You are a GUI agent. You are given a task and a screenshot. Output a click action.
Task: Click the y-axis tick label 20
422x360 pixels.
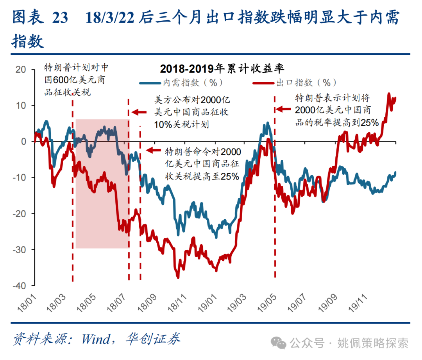pos(20,70)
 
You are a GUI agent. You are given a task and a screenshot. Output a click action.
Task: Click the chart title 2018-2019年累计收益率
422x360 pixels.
pos(222,69)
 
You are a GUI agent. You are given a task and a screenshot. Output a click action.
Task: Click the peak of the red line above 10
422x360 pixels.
pos(389,94)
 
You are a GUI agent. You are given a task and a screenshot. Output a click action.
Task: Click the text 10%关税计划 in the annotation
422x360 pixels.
pos(181,125)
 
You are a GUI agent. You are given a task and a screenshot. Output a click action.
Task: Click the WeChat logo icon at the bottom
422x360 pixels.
pos(279,343)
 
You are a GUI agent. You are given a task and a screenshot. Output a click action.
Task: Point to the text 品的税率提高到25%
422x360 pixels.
pos(336,122)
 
